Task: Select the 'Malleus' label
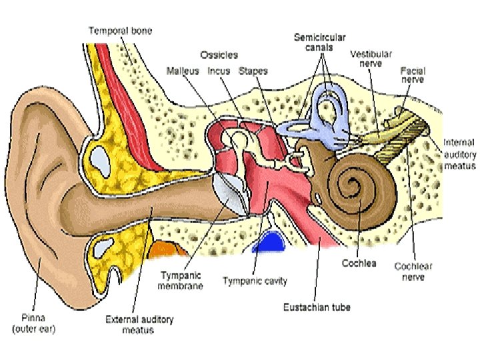pos(181,71)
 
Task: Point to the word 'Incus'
pos(219,71)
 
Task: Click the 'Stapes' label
pos(253,71)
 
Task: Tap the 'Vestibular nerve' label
pos(371,59)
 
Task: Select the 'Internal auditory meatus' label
pos(459,153)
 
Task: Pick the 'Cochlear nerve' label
pos(413,271)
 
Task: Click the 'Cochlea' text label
pos(359,263)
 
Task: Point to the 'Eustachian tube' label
pos(317,307)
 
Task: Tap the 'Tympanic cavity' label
pos(255,281)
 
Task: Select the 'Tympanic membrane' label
pos(181,280)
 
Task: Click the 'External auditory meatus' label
pos(139,325)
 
